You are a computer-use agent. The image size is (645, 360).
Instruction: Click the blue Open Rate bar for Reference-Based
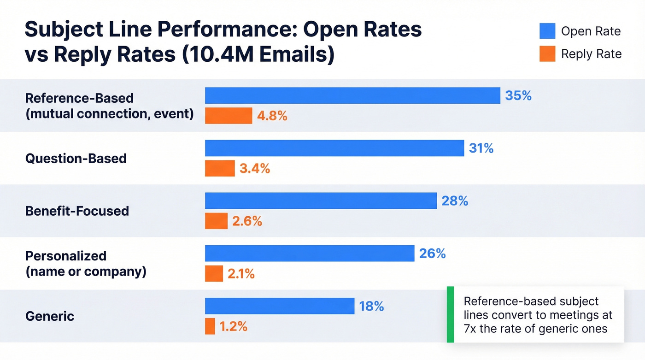pyautogui.click(x=352, y=95)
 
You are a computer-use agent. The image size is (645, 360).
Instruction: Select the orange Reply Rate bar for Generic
pyautogui.click(x=210, y=326)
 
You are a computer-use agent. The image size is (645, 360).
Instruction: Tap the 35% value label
pyautogui.click(x=518, y=95)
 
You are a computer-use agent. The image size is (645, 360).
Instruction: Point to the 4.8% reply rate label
pyautogui.click(x=272, y=116)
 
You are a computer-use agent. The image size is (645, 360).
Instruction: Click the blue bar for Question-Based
pyautogui.click(x=334, y=148)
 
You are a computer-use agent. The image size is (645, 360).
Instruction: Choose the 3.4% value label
pyautogui.click(x=255, y=169)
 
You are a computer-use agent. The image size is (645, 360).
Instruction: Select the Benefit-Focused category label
pyautogui.click(x=77, y=211)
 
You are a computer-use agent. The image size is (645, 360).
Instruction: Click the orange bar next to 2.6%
pyautogui.click(x=216, y=221)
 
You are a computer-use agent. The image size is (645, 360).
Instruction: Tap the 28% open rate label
pyautogui.click(x=455, y=201)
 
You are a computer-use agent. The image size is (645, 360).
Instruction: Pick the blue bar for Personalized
pyautogui.click(x=310, y=254)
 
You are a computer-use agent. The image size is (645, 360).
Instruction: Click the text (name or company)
pyautogui.click(x=86, y=271)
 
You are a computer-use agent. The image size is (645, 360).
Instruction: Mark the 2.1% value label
pyautogui.click(x=241, y=274)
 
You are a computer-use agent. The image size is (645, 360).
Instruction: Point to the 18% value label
pyautogui.click(x=371, y=306)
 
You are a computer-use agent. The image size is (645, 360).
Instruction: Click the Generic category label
pyautogui.click(x=50, y=316)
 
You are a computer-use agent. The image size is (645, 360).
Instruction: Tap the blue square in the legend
pyautogui.click(x=547, y=31)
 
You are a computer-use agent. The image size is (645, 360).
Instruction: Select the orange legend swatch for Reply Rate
pyautogui.click(x=547, y=54)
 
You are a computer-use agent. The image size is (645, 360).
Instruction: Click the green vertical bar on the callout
pyautogui.click(x=450, y=314)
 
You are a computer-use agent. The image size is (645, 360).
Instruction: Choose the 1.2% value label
pyautogui.click(x=233, y=326)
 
